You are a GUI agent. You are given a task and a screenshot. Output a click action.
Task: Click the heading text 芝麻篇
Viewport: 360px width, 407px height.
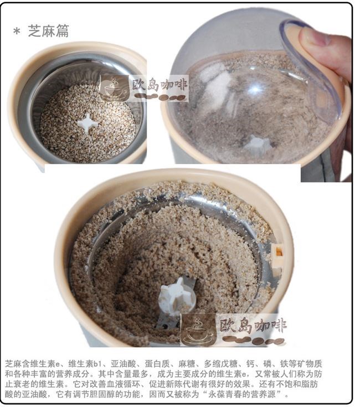[x=49, y=31]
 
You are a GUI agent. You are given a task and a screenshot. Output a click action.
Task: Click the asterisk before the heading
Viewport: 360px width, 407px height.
[x=17, y=32]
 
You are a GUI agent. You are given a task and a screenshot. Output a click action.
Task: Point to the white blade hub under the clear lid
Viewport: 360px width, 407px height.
[x=258, y=145]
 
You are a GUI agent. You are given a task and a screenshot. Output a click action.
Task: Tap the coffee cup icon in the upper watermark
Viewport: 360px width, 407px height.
[x=114, y=88]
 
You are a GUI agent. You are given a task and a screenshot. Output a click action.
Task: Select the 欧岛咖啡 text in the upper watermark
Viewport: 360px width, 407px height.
[x=160, y=85]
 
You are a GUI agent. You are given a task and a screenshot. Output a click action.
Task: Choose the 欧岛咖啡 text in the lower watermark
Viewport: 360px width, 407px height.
[x=253, y=326]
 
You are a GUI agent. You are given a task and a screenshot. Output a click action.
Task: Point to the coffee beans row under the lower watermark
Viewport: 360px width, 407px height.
[x=254, y=340]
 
